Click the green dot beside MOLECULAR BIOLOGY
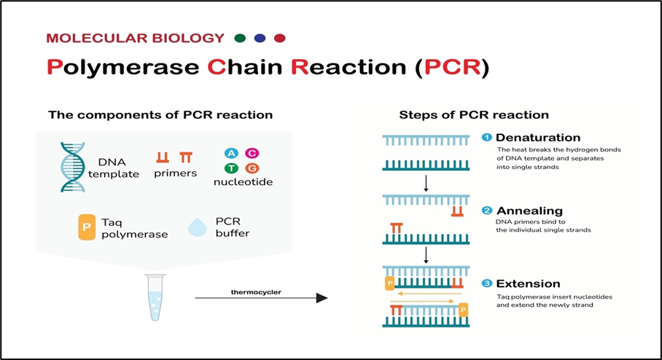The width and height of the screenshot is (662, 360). (x=240, y=39)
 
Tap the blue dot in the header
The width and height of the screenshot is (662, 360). (x=260, y=39)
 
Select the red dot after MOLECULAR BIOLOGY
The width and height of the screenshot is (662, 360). (x=279, y=39)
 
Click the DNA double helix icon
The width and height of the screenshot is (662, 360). (x=73, y=167)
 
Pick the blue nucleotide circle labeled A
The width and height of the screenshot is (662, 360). (x=231, y=153)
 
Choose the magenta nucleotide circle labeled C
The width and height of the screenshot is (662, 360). (x=252, y=153)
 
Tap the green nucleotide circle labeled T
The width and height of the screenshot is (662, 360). (x=231, y=169)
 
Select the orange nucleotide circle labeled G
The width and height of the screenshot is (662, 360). (x=252, y=169)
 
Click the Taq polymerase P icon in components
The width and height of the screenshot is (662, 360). (x=87, y=227)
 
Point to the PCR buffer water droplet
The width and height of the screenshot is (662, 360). (x=197, y=227)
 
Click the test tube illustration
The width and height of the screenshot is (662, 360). (x=155, y=297)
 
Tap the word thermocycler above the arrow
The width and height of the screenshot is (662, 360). (x=256, y=292)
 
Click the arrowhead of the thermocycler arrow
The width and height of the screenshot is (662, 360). (x=322, y=298)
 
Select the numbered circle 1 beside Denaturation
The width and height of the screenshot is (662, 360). (x=487, y=137)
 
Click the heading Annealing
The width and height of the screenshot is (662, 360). (x=529, y=211)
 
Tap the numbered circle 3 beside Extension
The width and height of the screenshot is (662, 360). (x=487, y=283)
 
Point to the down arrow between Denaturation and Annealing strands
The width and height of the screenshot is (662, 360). (x=426, y=183)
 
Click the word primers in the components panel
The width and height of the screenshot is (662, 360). (x=175, y=173)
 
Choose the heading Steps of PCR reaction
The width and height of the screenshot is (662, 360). (x=474, y=115)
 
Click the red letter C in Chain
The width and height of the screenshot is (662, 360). (x=217, y=67)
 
